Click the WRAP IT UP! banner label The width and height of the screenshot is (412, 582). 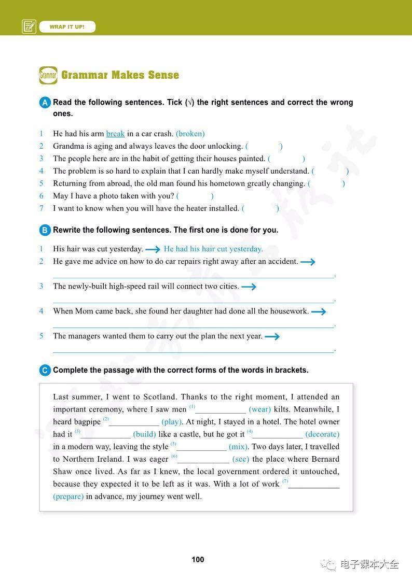[67, 26]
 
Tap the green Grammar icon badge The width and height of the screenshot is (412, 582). [48, 75]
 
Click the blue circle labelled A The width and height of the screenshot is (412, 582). [45, 103]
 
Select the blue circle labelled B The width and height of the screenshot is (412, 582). [45, 230]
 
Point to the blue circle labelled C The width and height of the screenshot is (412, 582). [45, 370]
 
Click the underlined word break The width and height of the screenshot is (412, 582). [115, 134]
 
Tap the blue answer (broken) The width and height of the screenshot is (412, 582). [190, 134]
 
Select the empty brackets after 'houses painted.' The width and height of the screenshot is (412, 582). [286, 159]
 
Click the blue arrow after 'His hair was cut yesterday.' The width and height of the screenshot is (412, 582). [153, 249]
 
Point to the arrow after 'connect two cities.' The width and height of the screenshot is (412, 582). [249, 287]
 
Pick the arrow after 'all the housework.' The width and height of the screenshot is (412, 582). [318, 311]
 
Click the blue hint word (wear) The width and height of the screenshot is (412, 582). [259, 409]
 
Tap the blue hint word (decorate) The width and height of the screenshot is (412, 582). [322, 434]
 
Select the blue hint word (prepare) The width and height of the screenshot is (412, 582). [68, 496]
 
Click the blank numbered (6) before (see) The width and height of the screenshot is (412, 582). [203, 459]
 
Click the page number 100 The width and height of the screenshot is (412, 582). [198, 559]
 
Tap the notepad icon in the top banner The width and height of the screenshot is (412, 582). [29, 26]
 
